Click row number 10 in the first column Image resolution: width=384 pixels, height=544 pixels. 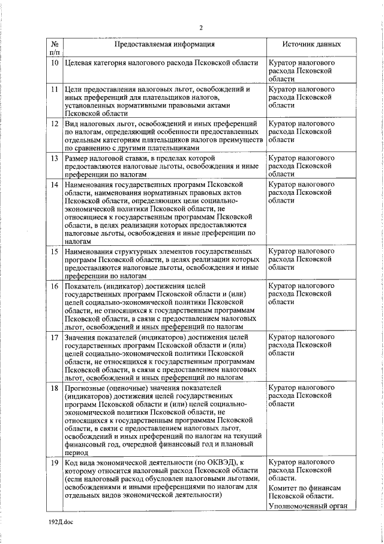point(54,63)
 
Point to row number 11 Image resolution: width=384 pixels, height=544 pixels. point(54,89)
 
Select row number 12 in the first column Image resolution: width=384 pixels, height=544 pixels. point(54,123)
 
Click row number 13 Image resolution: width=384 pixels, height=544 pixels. point(54,157)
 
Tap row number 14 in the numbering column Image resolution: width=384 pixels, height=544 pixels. point(54,184)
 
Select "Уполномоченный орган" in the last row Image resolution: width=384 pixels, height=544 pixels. point(307,506)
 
